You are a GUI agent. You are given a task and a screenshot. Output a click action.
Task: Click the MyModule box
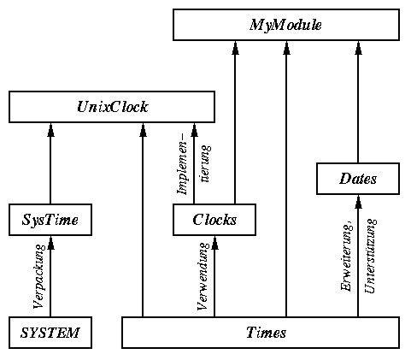coord(286,25)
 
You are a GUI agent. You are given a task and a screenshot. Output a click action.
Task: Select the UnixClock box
coord(112,107)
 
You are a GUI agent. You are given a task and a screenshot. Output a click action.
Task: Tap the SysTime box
coord(50,220)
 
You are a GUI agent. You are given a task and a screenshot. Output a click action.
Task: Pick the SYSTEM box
coord(50,333)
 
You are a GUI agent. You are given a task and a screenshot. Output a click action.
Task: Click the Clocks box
coord(214,220)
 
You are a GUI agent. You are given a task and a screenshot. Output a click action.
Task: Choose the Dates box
coord(358,179)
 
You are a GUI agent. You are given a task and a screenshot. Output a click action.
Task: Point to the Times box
coord(261,333)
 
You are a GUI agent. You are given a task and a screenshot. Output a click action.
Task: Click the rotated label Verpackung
coord(39,276)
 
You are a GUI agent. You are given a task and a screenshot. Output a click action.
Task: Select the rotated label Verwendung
coord(203,276)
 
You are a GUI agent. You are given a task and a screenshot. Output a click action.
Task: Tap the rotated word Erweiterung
coord(347,256)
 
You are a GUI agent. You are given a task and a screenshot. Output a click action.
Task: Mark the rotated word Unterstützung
coord(370,256)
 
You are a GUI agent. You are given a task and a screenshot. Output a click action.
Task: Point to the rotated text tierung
coord(206,163)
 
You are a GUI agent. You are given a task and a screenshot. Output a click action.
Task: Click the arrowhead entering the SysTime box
coord(50,242)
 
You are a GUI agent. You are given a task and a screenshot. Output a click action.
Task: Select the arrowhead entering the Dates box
coord(358,202)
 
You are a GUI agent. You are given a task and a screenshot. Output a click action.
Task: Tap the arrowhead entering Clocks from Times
coord(214,242)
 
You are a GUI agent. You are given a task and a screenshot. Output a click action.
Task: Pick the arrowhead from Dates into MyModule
coord(358,48)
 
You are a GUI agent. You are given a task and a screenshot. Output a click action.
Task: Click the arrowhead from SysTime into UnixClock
coord(50,130)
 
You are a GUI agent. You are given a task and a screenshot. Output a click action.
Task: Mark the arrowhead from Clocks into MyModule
coord(235,48)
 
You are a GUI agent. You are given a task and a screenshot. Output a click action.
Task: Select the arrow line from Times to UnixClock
coord(143,220)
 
